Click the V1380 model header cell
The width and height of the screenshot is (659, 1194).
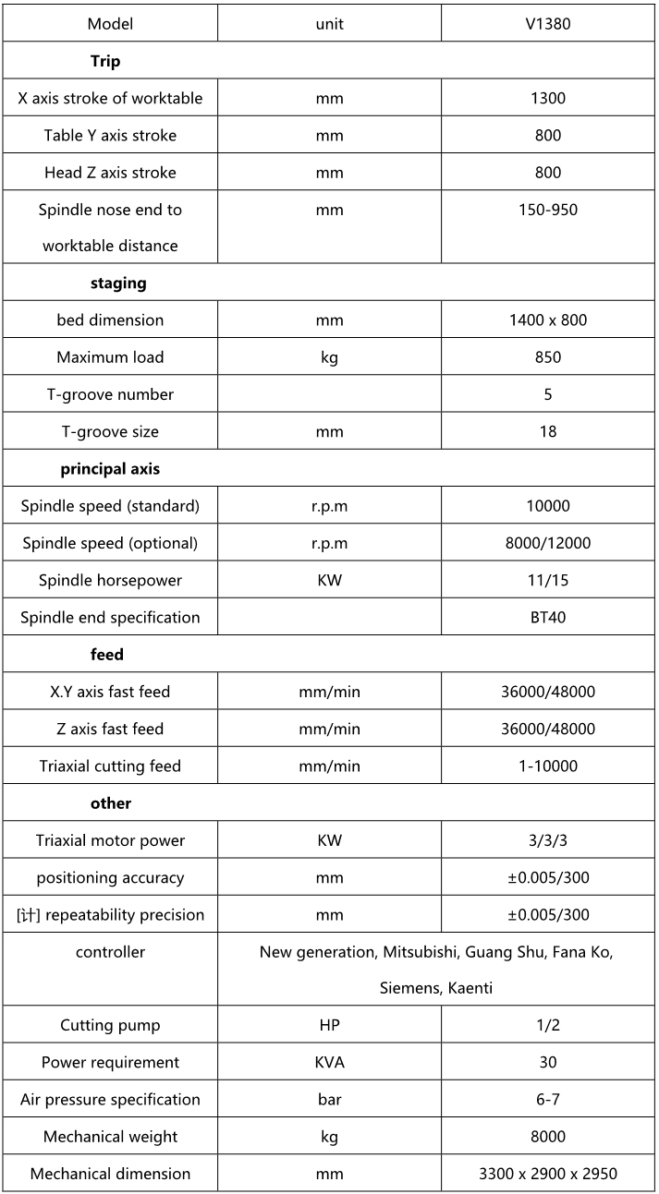coord(548,24)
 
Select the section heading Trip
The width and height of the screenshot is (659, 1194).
coord(105,62)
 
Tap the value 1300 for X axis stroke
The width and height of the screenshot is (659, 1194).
coord(548,98)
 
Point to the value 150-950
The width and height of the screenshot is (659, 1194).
coord(548,210)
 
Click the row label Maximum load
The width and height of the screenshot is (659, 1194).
coord(110,357)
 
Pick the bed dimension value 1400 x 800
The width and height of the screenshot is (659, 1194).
coord(548,320)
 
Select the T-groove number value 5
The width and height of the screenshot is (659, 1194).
coord(548,394)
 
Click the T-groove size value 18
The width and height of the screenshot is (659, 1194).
coord(548,431)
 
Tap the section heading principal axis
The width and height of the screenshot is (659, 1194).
coord(110,469)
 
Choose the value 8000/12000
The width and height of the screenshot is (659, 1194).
coord(548,543)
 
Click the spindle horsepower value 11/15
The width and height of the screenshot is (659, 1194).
coord(548,580)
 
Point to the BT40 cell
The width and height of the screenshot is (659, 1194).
coord(548,617)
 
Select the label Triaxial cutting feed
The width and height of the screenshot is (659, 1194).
coord(110,766)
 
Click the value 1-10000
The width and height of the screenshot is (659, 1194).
coord(548,766)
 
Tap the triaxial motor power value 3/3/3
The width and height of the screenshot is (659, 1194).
coord(548,840)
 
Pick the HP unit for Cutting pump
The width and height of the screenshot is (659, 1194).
coord(329,1025)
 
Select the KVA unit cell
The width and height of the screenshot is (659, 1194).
coord(329,1062)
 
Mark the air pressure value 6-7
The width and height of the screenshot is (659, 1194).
coord(548,1099)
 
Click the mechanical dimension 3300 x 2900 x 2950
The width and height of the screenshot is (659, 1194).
coord(548,1174)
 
